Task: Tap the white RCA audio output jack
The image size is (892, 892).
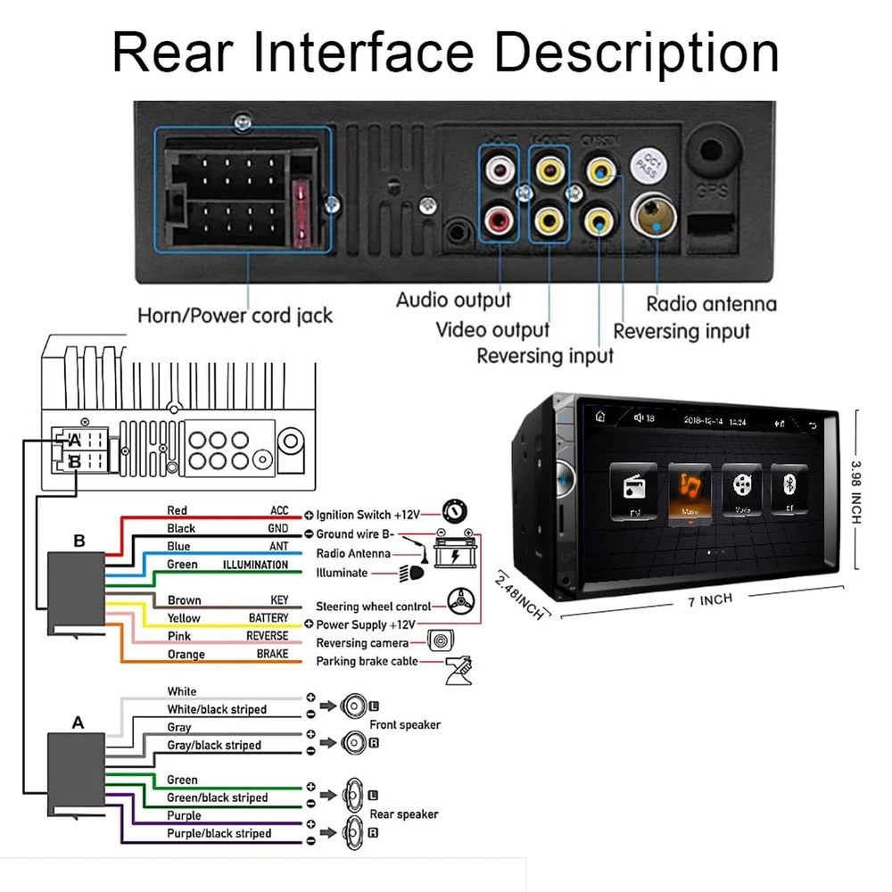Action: pyautogui.click(x=499, y=168)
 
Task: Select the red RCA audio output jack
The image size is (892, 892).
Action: pyautogui.click(x=499, y=217)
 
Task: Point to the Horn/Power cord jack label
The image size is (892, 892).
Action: pyautogui.click(x=235, y=315)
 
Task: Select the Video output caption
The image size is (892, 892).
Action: pyautogui.click(x=492, y=329)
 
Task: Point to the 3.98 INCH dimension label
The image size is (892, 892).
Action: pyautogui.click(x=855, y=500)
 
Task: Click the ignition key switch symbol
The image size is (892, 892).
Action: pyautogui.click(x=453, y=512)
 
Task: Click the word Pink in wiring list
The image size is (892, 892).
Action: pyautogui.click(x=178, y=636)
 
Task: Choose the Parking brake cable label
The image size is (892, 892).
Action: pyautogui.click(x=367, y=662)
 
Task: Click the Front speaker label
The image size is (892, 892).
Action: pyautogui.click(x=405, y=725)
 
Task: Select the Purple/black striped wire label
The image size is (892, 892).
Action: pyautogui.click(x=219, y=833)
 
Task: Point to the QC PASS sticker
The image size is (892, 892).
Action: pyautogui.click(x=645, y=164)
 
